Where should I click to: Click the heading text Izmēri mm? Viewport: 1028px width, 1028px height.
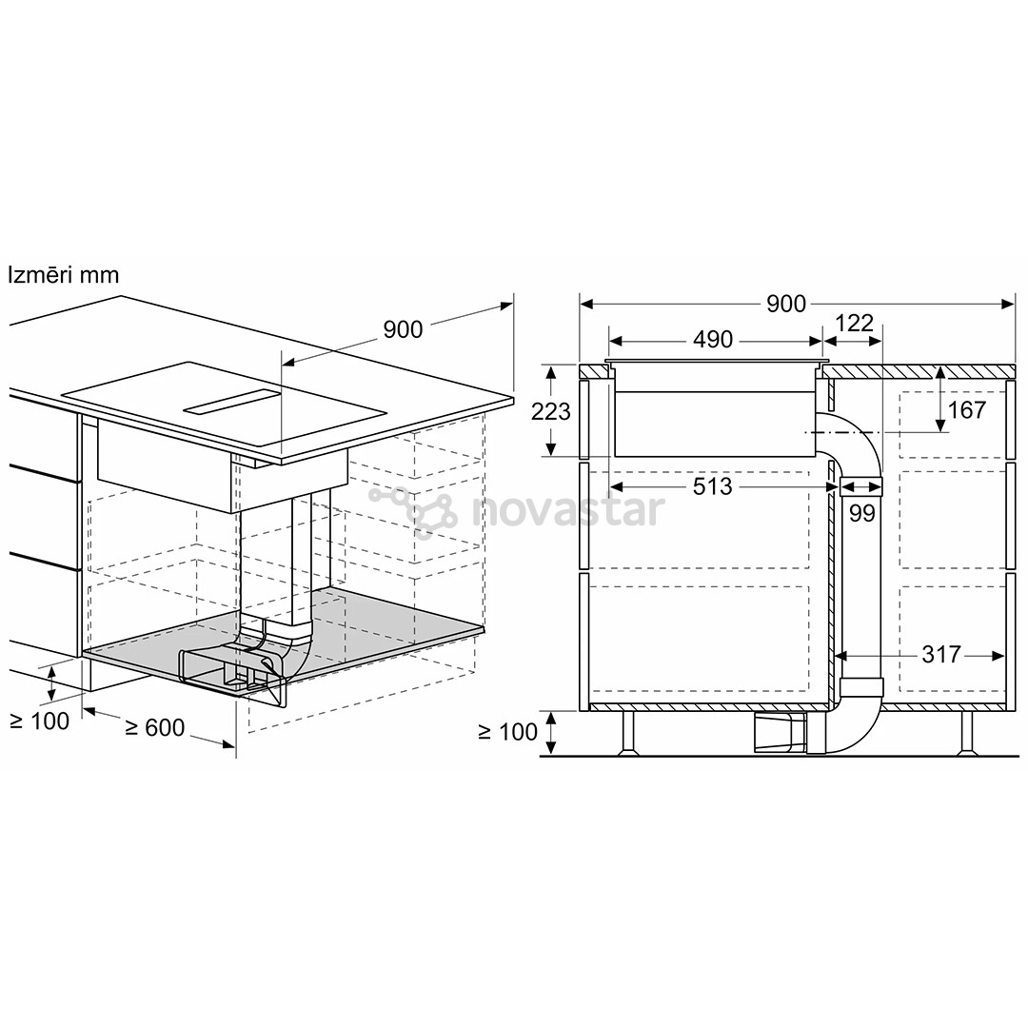tap(64, 275)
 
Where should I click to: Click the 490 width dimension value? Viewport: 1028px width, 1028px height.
tap(713, 340)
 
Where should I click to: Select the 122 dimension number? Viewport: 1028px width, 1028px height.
tap(854, 324)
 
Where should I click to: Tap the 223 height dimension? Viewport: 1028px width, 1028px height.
tap(551, 412)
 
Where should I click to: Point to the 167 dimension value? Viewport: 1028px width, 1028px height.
tap(967, 410)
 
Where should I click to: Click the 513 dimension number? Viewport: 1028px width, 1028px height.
tap(712, 486)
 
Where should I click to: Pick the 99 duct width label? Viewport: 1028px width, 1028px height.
tap(862, 513)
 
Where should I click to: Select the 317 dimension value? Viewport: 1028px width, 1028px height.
tap(940, 654)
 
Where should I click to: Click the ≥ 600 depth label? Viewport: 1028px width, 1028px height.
tap(155, 728)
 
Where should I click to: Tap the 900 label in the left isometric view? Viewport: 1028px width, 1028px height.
tap(404, 329)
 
